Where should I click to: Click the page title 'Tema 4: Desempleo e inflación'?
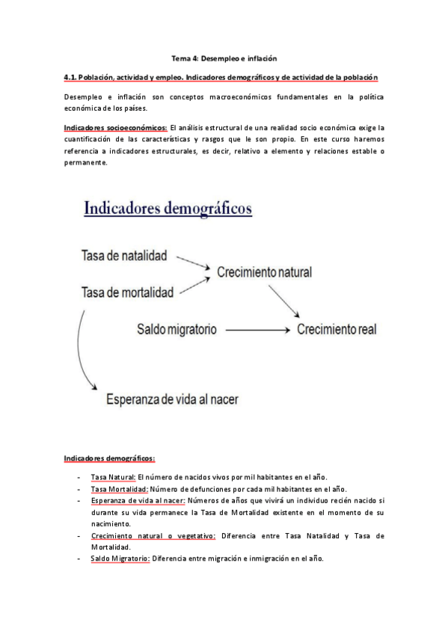(224, 58)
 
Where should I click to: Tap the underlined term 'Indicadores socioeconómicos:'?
(115, 128)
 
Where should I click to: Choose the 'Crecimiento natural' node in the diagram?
(264, 272)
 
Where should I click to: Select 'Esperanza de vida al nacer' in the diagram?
(172, 398)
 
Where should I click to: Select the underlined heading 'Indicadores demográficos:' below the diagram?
(108, 458)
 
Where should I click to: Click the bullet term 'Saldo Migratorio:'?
(120, 558)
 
